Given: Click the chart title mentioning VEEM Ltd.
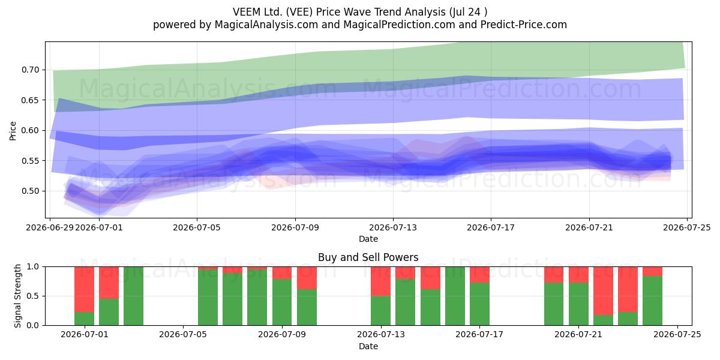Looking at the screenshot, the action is tap(360, 12).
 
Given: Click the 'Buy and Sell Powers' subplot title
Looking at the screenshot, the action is tap(368, 257).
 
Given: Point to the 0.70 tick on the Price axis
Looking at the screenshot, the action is tap(31, 70).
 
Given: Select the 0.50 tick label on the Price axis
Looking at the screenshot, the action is tap(31, 191).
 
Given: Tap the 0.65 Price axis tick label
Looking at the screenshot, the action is tap(31, 100).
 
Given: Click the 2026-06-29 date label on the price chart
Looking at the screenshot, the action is tap(50, 227).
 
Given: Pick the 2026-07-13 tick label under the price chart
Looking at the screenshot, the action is tap(393, 227).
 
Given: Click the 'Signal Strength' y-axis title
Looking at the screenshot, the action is tap(17, 296).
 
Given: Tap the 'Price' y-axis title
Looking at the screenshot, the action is tap(13, 131).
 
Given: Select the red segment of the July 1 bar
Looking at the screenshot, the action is tap(84, 289).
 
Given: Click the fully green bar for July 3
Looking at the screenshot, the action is tap(133, 296).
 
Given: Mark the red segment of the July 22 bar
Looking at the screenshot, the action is tap(604, 291).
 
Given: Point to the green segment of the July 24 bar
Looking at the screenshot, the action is tap(653, 301).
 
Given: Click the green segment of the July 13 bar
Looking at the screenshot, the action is tap(380, 311).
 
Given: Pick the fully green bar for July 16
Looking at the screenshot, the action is tap(455, 296).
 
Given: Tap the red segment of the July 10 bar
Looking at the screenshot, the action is tap(307, 278).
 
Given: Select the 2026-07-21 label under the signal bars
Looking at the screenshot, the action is tap(578, 335).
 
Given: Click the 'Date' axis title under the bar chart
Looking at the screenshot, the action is tap(368, 346).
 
